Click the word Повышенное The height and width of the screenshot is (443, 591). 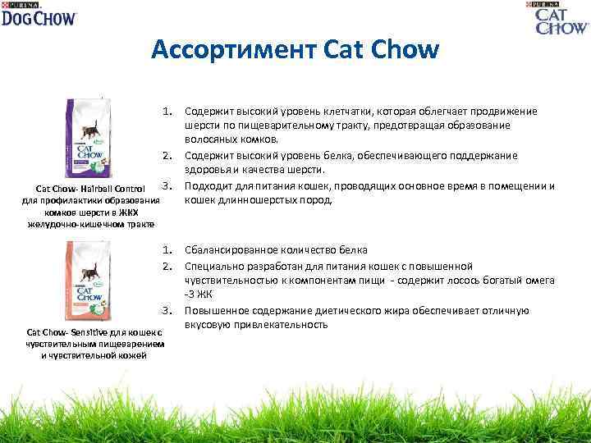coord(216,311)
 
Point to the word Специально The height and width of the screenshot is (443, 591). coord(213,266)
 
